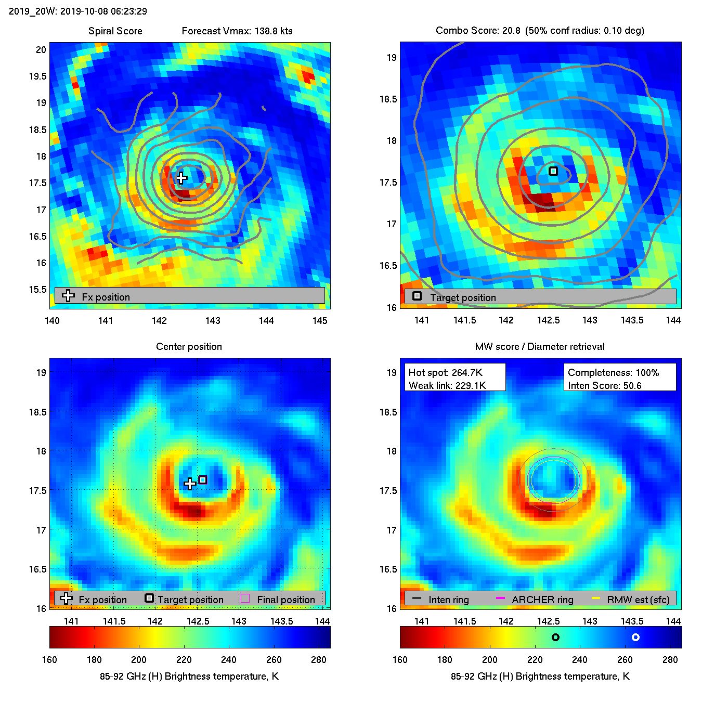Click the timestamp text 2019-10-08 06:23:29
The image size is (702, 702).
tap(103, 11)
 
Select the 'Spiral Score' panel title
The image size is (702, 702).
tap(115, 31)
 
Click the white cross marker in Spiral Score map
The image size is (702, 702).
tap(181, 178)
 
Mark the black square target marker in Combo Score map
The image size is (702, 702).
tap(553, 171)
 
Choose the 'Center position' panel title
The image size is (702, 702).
tap(189, 346)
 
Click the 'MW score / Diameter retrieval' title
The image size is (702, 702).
tap(540, 346)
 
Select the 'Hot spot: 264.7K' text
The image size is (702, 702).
tap(446, 372)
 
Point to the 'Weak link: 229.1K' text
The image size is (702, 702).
tap(447, 385)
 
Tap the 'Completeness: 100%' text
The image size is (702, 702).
tap(613, 372)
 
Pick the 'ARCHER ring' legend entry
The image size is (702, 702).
tap(542, 600)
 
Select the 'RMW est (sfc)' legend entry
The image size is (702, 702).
tap(638, 600)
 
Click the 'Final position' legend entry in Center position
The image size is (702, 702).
tap(285, 600)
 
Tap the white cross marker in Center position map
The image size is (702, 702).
tap(190, 484)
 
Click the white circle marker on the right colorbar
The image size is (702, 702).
tap(635, 637)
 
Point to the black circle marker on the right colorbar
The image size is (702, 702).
tap(555, 637)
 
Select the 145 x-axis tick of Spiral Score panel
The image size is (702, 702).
tap(320, 320)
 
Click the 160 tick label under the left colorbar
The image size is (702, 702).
tap(49, 659)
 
